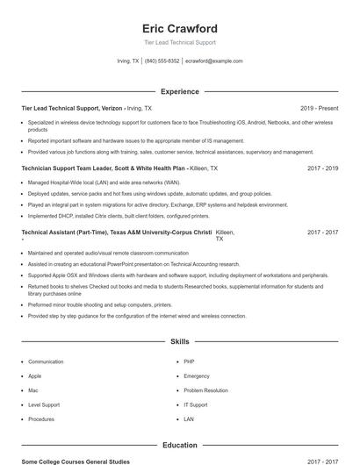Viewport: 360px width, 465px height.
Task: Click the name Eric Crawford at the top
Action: tap(179, 29)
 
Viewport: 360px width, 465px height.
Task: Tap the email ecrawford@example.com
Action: tap(214, 61)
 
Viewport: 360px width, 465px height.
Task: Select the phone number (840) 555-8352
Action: tap(162, 61)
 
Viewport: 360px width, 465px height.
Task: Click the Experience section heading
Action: tap(179, 91)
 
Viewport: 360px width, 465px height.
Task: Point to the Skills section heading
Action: tap(179, 341)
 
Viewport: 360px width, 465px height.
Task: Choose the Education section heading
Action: tap(179, 446)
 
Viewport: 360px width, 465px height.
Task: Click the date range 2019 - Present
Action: tap(319, 108)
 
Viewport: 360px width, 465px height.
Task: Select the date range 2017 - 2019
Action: tap(322, 167)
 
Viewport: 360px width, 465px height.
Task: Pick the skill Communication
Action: tap(46, 361)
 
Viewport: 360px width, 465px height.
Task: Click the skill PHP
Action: tap(189, 361)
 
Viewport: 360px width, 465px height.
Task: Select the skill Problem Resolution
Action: tap(205, 390)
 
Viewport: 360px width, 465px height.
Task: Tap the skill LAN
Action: tap(189, 419)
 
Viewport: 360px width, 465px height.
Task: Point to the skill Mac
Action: tap(33, 390)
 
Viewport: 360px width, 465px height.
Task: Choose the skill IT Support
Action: tap(195, 404)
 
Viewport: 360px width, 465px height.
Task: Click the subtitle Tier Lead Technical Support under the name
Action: tap(179, 42)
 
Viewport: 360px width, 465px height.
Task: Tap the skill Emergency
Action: tap(197, 376)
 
